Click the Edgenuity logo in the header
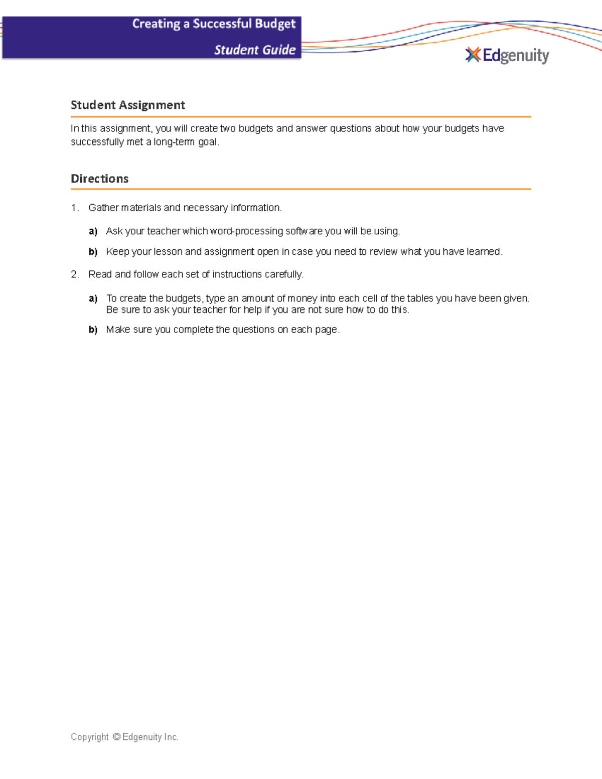(507, 55)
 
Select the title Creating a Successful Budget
(214, 24)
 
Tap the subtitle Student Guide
(255, 50)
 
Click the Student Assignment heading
(128, 105)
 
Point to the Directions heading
(100, 179)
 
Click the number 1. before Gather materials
(75, 208)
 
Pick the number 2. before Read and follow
(75, 274)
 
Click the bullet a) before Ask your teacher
(93, 231)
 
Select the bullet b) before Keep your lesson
(93, 252)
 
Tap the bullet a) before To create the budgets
(93, 298)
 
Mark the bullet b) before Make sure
(93, 330)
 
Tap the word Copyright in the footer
(90, 737)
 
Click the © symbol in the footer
(116, 737)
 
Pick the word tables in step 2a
(420, 298)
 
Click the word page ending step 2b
(326, 330)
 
